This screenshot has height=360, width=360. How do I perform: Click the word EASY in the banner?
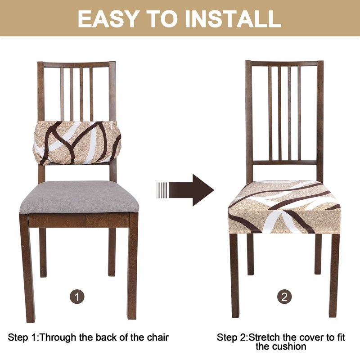pos(108,19)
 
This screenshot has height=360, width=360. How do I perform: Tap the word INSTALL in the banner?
pos(233,19)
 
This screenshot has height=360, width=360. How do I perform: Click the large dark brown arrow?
pos(191,190)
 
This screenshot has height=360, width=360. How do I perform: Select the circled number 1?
pos(77,297)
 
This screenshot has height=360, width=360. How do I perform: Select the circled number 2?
pos(284,297)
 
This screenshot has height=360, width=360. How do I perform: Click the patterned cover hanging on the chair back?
pos(77,143)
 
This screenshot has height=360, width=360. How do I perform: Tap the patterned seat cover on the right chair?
pos(284,207)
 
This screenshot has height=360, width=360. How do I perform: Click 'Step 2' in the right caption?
pos(231,338)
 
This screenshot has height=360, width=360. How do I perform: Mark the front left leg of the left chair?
pos(27,267)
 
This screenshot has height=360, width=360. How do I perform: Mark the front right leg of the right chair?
pos(334,275)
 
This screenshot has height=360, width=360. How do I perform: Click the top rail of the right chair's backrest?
pos(284,63)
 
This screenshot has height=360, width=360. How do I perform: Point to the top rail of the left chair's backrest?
pos(76,64)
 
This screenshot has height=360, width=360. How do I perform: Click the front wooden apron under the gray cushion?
pos(79,220)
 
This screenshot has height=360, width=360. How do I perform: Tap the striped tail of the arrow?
pos(162,190)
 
